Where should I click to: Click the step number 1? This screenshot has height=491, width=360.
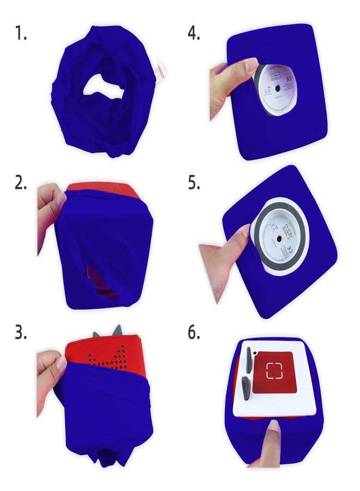pos(20,34)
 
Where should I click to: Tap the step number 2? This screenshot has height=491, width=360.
pos(21,183)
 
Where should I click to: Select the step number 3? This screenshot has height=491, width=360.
pos(21,333)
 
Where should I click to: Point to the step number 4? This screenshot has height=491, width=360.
pos(194,34)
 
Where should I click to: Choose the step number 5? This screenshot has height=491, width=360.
pos(194,183)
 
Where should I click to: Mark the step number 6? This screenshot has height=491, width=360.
pos(194,333)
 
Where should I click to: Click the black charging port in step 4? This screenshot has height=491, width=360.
pos(278,88)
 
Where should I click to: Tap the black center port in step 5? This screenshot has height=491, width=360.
pos(278,237)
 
